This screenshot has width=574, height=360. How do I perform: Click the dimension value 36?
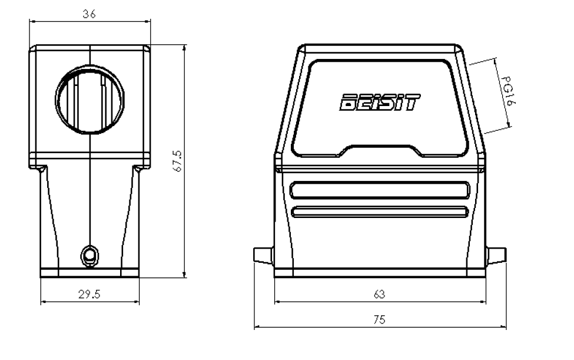[x=89, y=14]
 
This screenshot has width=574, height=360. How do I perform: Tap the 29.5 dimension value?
[x=89, y=295]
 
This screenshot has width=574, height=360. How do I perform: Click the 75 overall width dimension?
[x=380, y=320]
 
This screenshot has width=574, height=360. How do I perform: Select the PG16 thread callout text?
[x=506, y=93]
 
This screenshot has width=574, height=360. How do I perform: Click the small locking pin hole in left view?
[x=89, y=255]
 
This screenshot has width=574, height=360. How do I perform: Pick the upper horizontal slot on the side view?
[x=380, y=191]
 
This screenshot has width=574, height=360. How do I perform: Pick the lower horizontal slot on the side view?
[x=380, y=212]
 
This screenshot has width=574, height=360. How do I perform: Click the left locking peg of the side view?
[x=263, y=256]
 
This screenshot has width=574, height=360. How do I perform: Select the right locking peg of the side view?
[x=498, y=256]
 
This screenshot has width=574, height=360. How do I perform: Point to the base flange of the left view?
[x=89, y=273]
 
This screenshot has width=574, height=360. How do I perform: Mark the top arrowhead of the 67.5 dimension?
[x=185, y=48]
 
